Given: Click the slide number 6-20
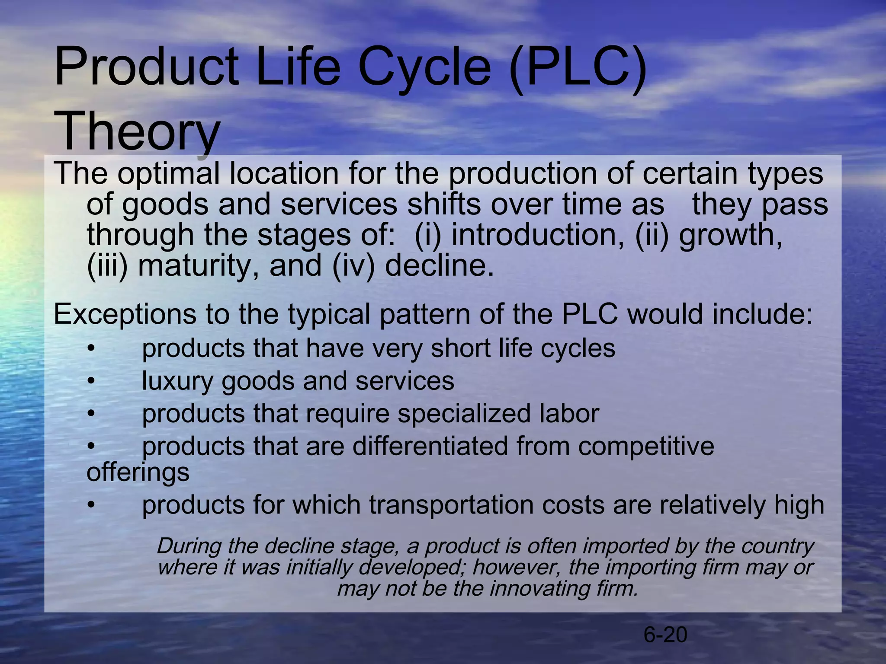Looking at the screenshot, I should click(x=665, y=635).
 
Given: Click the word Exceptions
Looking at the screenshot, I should click(x=125, y=315).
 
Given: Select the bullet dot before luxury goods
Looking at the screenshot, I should click(x=90, y=382).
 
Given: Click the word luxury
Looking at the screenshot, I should click(x=177, y=382).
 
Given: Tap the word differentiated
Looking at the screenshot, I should click(x=430, y=446).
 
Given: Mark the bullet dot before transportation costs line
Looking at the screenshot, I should click(x=90, y=505).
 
